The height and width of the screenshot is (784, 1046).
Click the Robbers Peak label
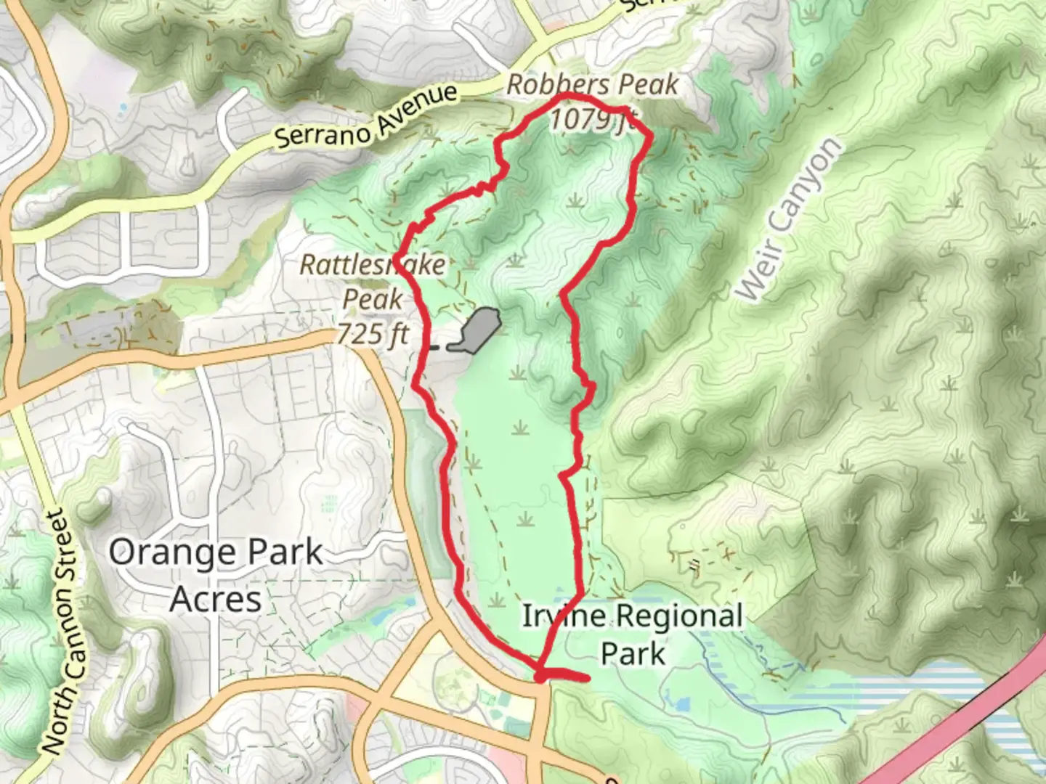click(x=592, y=85)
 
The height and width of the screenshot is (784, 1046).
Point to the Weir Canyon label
click(x=790, y=219)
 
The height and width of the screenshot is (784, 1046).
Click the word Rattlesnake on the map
click(x=373, y=265)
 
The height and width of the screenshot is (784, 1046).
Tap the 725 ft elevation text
click(x=373, y=334)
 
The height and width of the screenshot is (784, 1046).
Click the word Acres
click(x=216, y=600)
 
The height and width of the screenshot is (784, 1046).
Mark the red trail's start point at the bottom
click(x=540, y=677)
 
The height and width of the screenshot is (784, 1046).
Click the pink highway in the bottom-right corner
click(x=973, y=711)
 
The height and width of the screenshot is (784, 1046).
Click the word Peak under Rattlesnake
click(x=373, y=299)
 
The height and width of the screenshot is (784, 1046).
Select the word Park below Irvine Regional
click(x=632, y=653)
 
